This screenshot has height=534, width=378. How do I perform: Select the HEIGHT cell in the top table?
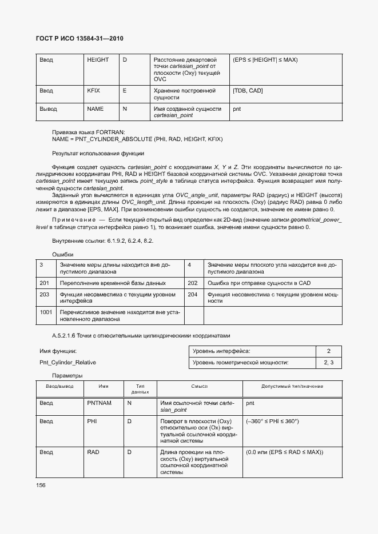pyautogui.click(x=97, y=60)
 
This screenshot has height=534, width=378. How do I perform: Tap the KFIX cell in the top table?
pyautogui.click(x=93, y=91)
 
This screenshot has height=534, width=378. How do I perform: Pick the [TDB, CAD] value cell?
pyautogui.click(x=248, y=91)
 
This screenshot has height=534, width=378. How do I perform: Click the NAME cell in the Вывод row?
pyautogui.click(x=95, y=108)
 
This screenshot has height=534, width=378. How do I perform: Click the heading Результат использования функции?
pyautogui.click(x=98, y=154)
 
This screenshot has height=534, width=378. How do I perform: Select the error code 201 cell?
pyautogui.click(x=45, y=283)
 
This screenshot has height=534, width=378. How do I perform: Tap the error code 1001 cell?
pyautogui.click(x=46, y=312)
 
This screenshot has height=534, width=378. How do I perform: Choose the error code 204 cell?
pyautogui.click(x=193, y=295)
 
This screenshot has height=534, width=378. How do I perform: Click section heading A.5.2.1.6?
pyautogui.click(x=141, y=335)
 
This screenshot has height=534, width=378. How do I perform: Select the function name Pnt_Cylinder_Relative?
pyautogui.click(x=67, y=363)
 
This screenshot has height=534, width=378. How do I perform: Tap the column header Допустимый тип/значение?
pyautogui.click(x=292, y=387)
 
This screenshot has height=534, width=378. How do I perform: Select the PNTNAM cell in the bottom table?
pyautogui.click(x=99, y=403)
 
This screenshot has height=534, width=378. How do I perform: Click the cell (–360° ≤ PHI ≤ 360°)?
pyautogui.click(x=273, y=421)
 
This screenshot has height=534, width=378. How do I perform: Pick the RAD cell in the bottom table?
pyautogui.click(x=93, y=452)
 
